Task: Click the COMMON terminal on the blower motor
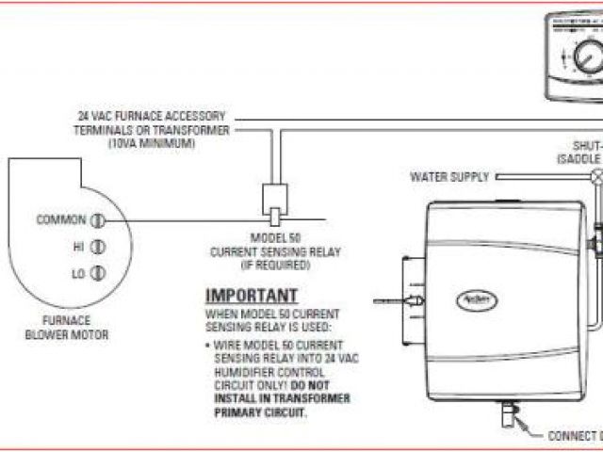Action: tap(96, 220)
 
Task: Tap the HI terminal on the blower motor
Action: tap(96, 247)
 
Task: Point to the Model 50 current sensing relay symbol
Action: tap(275, 199)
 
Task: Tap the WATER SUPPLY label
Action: tap(449, 176)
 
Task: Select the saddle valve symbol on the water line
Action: tap(595, 176)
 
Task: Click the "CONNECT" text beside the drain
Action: tap(571, 435)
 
